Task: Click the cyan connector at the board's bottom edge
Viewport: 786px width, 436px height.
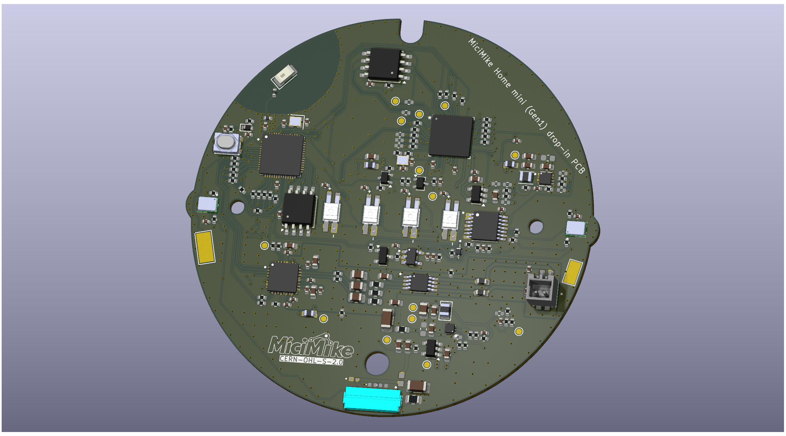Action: (x=372, y=399)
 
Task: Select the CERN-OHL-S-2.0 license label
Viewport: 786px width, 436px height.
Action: (x=311, y=360)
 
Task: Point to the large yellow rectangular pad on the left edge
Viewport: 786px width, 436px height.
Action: (x=204, y=248)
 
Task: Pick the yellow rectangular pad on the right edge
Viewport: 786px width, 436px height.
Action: (x=572, y=272)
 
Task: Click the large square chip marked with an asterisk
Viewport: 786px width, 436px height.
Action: (x=451, y=136)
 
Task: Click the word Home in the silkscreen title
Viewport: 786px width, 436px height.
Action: (x=502, y=78)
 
